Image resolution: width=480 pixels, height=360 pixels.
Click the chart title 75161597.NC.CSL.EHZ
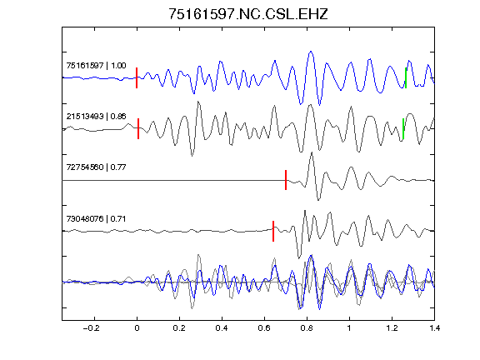[x=248, y=14]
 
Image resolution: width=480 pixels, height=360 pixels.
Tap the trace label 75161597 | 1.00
[x=96, y=66]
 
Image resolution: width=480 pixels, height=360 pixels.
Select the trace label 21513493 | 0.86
[x=96, y=117]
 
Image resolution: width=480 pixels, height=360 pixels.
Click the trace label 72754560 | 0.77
[x=96, y=167]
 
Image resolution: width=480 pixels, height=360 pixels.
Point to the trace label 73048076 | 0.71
[x=96, y=219]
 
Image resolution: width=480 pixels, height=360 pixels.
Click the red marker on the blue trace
[x=137, y=77]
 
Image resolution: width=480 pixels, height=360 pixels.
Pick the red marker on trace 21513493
[x=138, y=128]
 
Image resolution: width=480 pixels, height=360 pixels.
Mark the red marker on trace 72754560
[x=286, y=180]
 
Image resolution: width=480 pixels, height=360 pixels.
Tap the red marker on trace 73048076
[x=273, y=231]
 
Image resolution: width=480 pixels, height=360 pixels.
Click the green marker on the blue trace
[x=406, y=77]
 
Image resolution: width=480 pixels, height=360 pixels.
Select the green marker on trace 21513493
[x=403, y=128]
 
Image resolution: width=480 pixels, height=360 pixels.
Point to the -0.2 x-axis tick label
[x=92, y=328]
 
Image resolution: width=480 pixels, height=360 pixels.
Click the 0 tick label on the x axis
[x=137, y=328]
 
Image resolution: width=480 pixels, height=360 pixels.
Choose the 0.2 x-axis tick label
[x=179, y=328]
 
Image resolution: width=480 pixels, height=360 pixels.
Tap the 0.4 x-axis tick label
[x=222, y=328]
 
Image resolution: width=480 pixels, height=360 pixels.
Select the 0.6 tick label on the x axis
[x=264, y=328]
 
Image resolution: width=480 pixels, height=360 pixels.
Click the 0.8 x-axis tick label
[x=307, y=328]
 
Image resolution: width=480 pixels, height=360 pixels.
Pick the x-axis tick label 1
[x=349, y=328]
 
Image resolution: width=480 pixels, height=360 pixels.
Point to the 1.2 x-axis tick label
[x=392, y=328]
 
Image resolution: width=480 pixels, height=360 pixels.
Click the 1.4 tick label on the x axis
[x=434, y=328]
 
